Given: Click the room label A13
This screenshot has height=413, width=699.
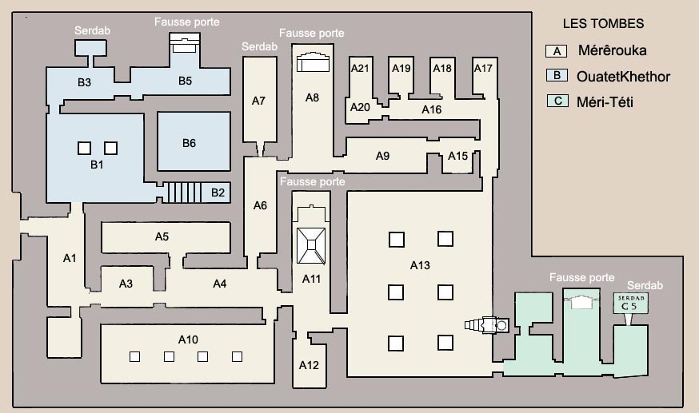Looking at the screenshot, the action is (420, 266).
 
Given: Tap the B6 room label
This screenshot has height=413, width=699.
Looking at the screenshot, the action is (189, 143).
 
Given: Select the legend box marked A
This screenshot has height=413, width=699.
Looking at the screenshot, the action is (557, 51).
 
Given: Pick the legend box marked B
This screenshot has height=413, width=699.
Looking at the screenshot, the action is (557, 76).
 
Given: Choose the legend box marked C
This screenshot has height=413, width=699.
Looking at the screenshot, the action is (557, 101).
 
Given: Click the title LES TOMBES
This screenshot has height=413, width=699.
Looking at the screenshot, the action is (603, 24).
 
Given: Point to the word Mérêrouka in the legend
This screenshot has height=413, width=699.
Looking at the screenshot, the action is (612, 50).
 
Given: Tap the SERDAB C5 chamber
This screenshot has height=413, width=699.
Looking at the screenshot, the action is (630, 303).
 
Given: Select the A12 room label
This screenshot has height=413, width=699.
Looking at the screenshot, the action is (309, 365).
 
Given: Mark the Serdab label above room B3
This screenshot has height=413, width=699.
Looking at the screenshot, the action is (92, 30).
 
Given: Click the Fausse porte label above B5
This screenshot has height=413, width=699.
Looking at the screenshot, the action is (187, 22).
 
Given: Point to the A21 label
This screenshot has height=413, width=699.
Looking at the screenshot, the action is (360, 68).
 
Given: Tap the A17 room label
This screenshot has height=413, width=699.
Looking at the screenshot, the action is (483, 68).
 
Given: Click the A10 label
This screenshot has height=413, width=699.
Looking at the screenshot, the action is (188, 340).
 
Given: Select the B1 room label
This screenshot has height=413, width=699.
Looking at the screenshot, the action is (97, 165).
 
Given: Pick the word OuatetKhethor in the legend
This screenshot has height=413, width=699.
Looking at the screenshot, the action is (623, 77).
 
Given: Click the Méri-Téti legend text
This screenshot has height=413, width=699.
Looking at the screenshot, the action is (605, 102).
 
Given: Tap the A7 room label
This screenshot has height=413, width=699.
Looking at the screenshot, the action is (258, 101).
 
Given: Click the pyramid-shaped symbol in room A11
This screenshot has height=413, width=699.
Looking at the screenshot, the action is (311, 246).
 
